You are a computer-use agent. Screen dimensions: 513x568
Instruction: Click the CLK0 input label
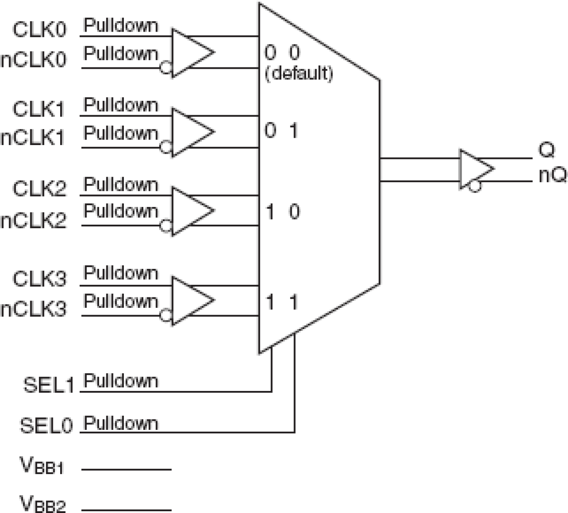39,29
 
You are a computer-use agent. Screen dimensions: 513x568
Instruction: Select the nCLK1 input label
33,138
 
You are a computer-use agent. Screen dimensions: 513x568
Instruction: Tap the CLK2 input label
39,188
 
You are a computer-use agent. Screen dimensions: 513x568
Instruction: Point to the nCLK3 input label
33,309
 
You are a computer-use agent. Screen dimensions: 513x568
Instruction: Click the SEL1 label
48,385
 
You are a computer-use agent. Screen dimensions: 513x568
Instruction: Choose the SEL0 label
46,425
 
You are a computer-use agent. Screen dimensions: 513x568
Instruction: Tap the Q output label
546,150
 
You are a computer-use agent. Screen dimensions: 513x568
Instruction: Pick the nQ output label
552,175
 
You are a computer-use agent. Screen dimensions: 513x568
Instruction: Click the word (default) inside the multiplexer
299,73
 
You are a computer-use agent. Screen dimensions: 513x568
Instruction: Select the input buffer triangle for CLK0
190,52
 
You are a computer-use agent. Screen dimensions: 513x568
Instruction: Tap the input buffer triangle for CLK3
190,301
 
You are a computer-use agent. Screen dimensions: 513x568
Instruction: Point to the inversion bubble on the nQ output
474,186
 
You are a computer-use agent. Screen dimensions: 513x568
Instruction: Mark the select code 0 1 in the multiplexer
281,131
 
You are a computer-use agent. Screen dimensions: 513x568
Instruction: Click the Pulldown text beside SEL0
121,424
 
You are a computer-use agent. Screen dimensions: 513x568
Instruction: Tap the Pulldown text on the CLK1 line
121,105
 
